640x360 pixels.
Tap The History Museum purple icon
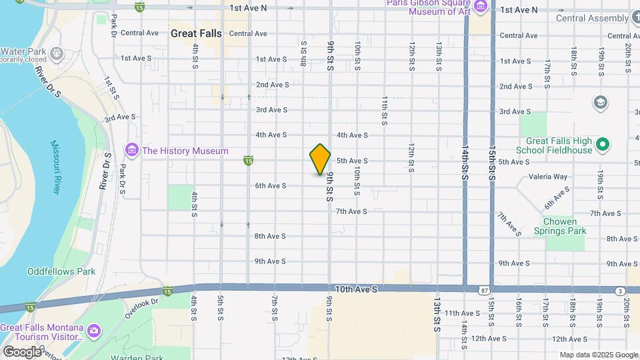(132, 151)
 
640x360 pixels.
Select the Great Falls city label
(196, 33)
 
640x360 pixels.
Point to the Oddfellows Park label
(61, 271)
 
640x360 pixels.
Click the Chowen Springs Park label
(560, 226)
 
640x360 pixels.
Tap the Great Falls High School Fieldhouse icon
(603, 143)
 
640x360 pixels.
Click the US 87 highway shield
(483, 290)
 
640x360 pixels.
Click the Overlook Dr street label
(143, 301)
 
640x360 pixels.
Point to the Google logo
(22, 351)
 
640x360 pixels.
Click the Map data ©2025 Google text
(598, 355)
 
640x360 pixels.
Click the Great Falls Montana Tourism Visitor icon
(94, 329)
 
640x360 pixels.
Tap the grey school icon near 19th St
(600, 102)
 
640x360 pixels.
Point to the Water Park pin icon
(57, 52)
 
